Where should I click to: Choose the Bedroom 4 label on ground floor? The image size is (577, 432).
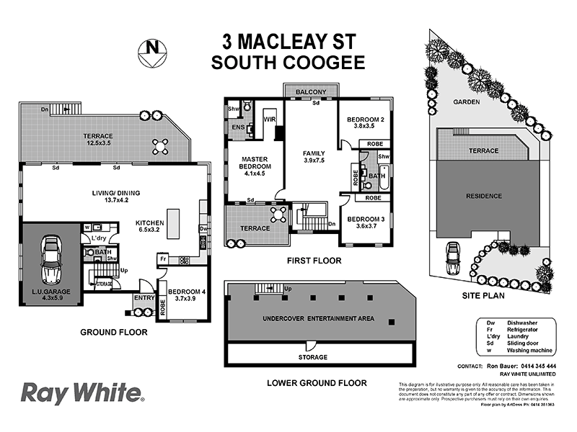[187, 294]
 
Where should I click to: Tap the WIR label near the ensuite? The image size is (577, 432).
[270, 119]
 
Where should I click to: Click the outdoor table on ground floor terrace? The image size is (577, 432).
[161, 147]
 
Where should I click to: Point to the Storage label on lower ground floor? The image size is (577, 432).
[313, 357]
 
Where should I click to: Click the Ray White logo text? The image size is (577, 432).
[81, 394]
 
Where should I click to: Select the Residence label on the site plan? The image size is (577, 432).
[484, 195]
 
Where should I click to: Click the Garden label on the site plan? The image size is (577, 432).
[467, 102]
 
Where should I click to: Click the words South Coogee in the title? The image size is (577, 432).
[288, 62]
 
